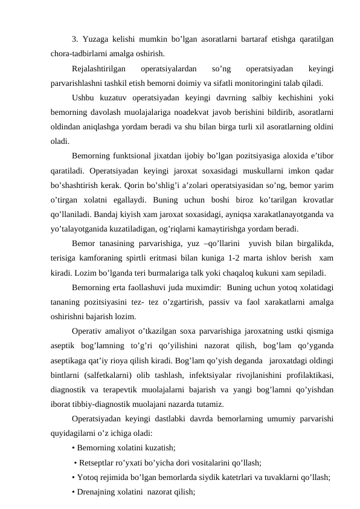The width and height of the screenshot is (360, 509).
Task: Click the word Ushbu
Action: [x=83, y=98]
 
